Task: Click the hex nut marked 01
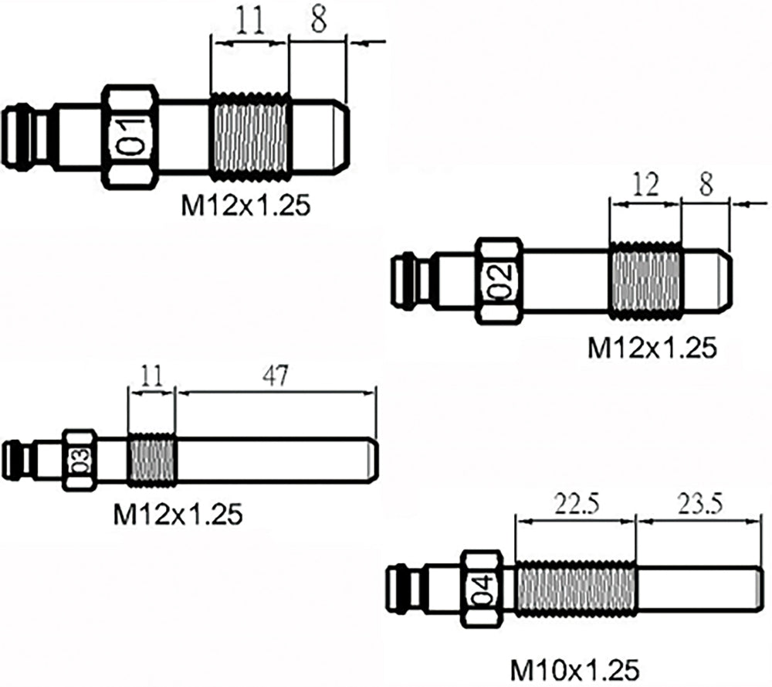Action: (x=130, y=136)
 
